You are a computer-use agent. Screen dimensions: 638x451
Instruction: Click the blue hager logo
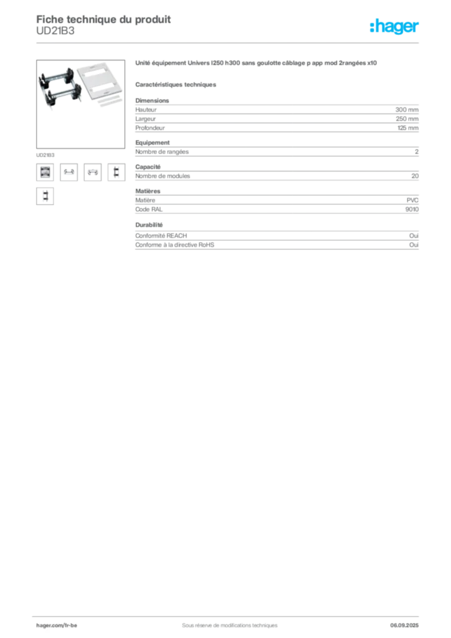[x=395, y=27]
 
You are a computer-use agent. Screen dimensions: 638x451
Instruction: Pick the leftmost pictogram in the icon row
[x=44, y=173]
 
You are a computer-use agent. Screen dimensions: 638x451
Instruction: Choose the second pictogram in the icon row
[x=69, y=173]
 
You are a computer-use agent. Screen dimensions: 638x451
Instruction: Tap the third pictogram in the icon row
[x=92, y=173]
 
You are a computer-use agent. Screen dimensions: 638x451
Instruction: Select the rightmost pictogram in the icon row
[x=116, y=173]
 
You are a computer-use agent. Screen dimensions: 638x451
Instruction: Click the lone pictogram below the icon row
[x=44, y=197]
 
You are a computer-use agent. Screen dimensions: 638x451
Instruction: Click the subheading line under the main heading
[x=177, y=84]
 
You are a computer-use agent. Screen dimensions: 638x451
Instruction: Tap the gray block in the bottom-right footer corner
[x=409, y=621]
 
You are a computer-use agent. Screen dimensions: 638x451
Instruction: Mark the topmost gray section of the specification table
[x=277, y=117]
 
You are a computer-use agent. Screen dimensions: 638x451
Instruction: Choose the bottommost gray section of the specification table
[x=277, y=242]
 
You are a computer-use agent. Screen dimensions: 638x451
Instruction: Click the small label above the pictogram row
[x=44, y=153]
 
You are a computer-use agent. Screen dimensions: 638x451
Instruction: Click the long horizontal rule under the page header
[x=229, y=42]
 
